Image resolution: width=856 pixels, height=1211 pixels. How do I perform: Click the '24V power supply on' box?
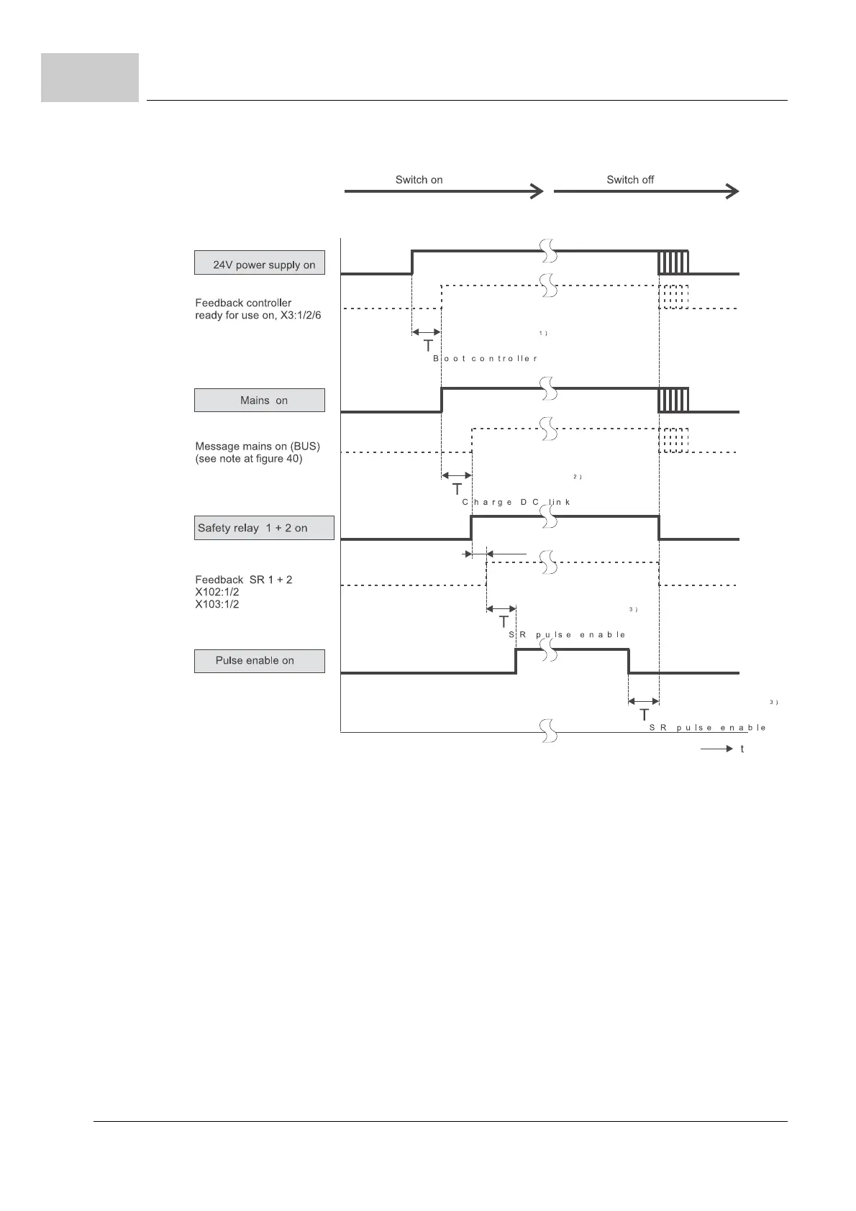pos(259,263)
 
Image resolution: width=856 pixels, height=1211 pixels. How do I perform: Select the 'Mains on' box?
pos(259,401)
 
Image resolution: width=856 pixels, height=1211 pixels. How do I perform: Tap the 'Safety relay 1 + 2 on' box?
pos(263,528)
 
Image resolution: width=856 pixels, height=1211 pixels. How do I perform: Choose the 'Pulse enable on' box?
pos(259,661)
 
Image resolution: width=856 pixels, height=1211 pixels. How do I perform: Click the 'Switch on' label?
pos(419,180)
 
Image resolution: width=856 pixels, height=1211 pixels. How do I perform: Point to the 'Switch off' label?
pos(630,180)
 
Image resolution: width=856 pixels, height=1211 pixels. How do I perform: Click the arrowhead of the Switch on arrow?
pos(537,191)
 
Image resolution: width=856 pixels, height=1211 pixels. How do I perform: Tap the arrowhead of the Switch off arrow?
pos(732,191)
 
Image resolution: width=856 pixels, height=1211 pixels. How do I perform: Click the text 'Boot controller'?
pos(486,358)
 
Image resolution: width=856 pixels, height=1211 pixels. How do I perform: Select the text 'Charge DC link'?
pos(516,502)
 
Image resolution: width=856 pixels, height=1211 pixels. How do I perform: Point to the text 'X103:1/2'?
pos(217,605)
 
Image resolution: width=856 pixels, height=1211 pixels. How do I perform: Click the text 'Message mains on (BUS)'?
pos(258,446)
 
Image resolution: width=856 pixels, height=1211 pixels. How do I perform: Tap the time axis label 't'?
pos(742,749)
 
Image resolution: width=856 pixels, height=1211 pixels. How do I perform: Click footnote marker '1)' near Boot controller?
pos(544,334)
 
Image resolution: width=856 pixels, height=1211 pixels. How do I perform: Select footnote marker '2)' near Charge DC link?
pos(577,477)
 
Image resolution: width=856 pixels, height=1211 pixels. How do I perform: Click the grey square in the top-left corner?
pos(90,77)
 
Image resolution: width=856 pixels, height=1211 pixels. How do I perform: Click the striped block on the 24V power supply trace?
pos(673,262)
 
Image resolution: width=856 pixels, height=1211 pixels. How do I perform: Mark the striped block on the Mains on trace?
pos(673,400)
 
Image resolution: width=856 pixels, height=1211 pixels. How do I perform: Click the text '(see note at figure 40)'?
pos(249,459)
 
